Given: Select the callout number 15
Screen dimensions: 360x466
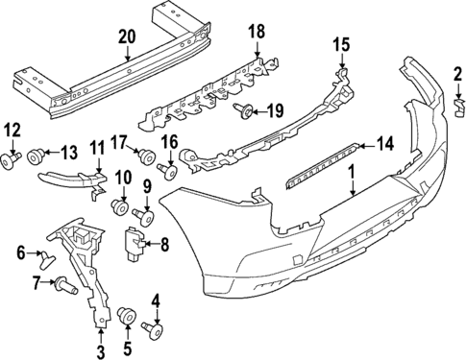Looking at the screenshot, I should click(x=341, y=45).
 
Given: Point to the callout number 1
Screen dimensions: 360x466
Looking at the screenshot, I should click(x=352, y=175).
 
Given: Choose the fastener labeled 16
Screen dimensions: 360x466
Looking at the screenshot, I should click(x=167, y=174).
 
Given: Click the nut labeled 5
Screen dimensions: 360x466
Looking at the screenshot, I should click(x=126, y=317).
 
